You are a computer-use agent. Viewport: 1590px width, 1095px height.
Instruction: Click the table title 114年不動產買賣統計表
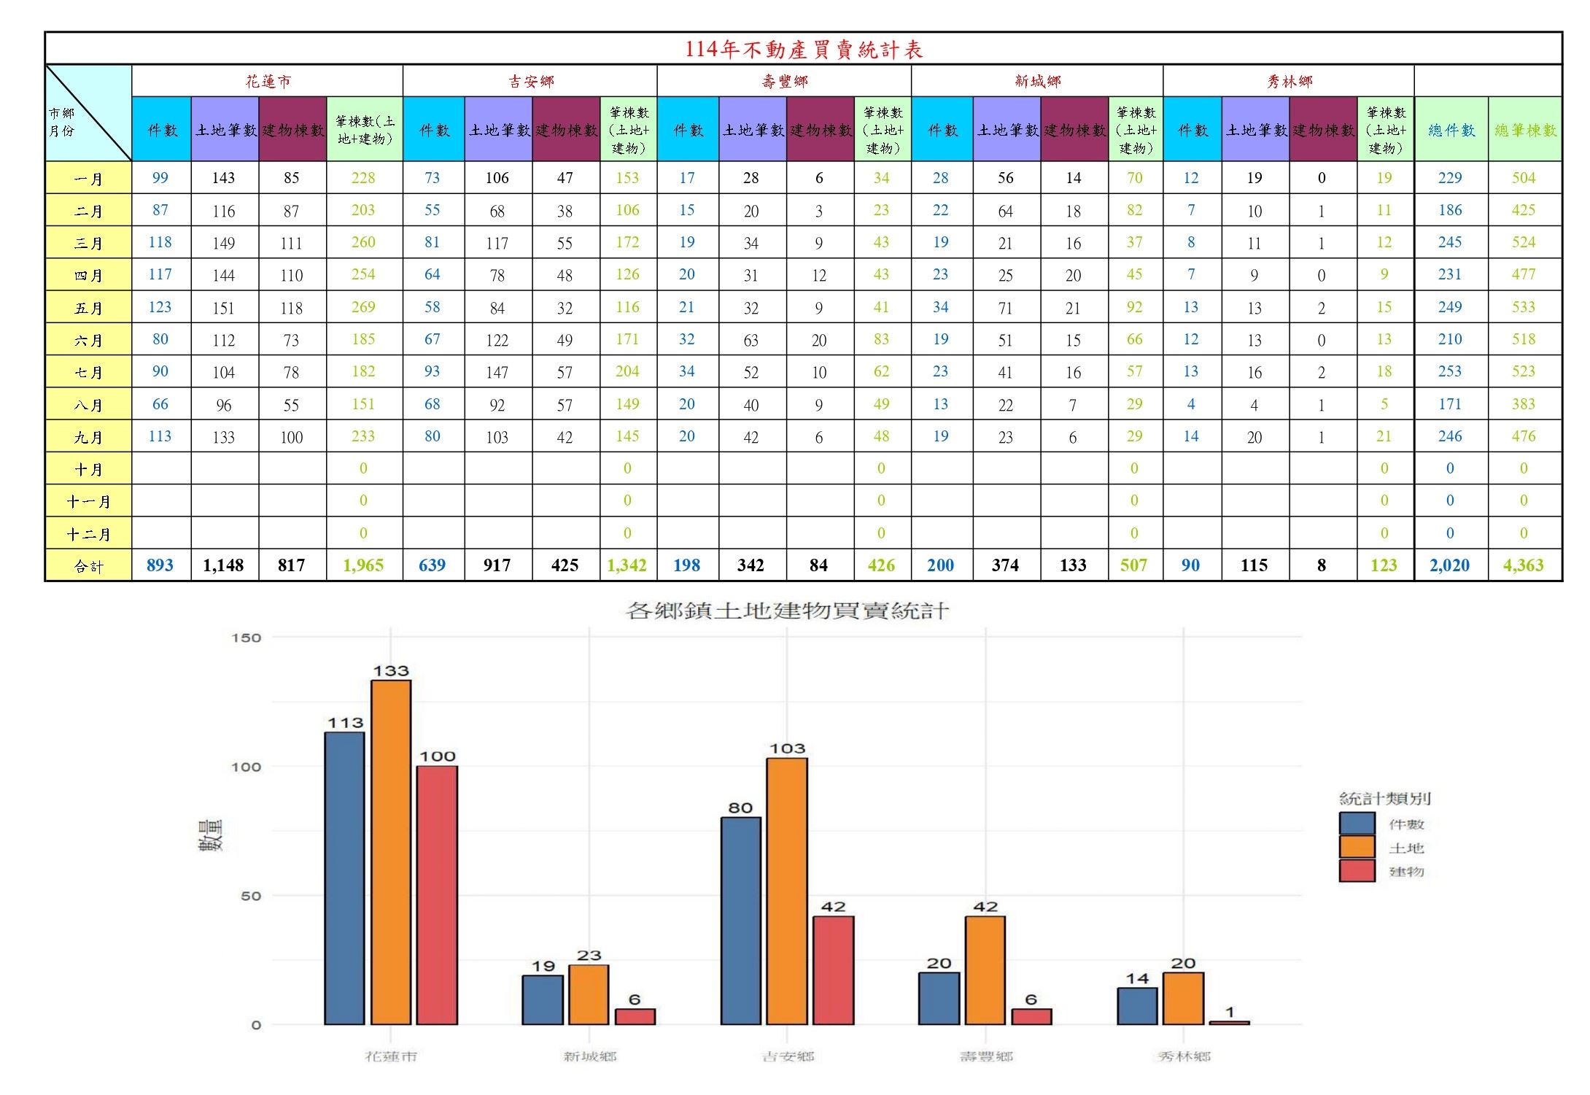[x=803, y=50]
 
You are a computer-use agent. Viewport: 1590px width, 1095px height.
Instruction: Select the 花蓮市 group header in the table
[x=268, y=82]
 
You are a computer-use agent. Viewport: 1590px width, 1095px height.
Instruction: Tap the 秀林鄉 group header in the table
[x=1289, y=82]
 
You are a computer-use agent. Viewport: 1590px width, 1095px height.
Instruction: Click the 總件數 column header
[x=1451, y=130]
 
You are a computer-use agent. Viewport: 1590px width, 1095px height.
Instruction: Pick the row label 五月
[x=88, y=308]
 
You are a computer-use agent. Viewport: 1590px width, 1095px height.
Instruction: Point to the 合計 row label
[x=88, y=566]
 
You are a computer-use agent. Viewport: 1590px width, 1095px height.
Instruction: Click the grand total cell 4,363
[x=1523, y=565]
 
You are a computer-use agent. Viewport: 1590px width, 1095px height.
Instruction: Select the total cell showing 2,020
[x=1449, y=565]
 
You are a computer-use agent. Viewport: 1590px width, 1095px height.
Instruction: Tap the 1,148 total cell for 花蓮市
[x=223, y=565]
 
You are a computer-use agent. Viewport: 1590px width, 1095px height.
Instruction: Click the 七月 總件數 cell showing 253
[x=1449, y=371]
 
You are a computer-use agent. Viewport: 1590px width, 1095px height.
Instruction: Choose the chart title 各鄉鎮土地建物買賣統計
[x=787, y=611]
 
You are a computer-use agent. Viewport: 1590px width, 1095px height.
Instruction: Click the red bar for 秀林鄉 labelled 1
[x=1230, y=1023]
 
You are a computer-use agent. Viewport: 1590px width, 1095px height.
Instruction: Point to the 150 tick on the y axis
[x=247, y=638]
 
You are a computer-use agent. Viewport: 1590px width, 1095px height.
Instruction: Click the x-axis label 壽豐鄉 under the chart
[x=985, y=1056]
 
